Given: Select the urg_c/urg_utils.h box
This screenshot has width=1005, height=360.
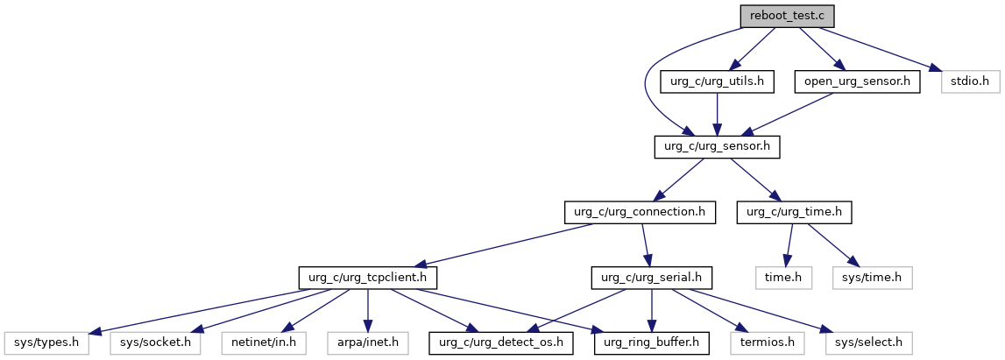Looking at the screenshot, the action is click(x=717, y=82).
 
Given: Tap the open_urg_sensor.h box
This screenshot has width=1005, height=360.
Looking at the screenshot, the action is click(x=857, y=82).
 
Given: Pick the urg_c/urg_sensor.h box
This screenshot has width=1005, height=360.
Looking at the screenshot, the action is click(x=717, y=147).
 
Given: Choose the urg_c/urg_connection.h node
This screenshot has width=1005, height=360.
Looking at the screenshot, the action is click(x=640, y=213).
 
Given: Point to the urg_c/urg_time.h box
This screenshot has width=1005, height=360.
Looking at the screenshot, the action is click(x=794, y=213).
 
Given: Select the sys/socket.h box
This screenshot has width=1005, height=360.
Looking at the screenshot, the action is click(x=154, y=343).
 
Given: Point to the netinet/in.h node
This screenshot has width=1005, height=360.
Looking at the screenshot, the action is click(x=264, y=343).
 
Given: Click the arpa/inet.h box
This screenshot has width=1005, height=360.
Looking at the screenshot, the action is click(x=367, y=343).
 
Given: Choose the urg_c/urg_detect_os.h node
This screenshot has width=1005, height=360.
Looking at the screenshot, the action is click(x=501, y=343).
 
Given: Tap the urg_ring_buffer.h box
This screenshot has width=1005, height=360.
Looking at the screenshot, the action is click(x=652, y=343).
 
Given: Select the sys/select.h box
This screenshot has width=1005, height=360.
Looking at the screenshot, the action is click(x=867, y=343).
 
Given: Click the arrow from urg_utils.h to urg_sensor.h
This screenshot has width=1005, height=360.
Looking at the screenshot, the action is click(x=717, y=115).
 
